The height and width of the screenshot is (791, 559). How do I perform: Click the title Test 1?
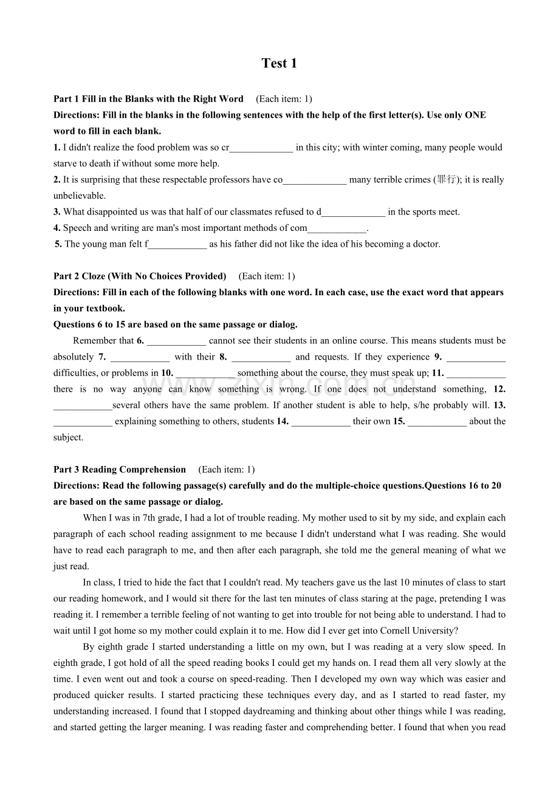coord(279,64)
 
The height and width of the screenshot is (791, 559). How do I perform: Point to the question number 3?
coord(57,212)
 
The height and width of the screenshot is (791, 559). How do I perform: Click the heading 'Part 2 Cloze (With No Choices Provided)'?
coord(140,276)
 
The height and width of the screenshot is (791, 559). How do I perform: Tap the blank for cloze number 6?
coord(176,341)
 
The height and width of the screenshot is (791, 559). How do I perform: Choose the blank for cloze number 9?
coord(476,357)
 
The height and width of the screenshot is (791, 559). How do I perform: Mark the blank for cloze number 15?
coord(437,422)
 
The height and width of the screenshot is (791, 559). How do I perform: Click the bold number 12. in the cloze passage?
coord(499,389)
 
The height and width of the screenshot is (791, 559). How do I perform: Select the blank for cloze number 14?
coord(320,422)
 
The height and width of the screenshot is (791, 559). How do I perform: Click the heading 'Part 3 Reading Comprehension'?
coord(120,470)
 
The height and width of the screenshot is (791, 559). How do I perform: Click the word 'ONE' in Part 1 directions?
coord(475,115)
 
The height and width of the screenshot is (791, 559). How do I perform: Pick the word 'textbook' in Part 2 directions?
coord(105,309)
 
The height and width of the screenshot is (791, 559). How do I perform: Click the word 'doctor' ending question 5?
coord(425,244)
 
